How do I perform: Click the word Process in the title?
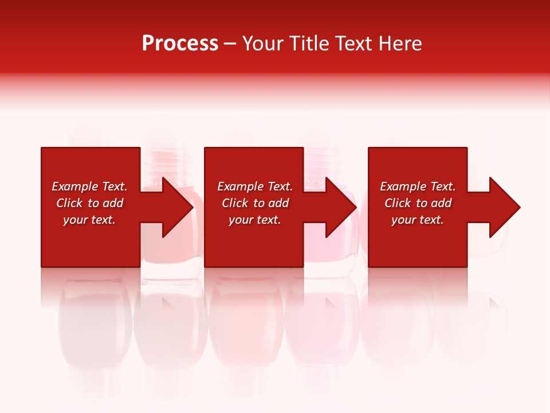pos(180,44)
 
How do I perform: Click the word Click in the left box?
pos(70,203)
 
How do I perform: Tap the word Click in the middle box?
pos(235,203)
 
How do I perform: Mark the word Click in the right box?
pos(398,203)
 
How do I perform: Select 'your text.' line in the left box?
pos(89,220)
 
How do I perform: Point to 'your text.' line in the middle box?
pos(255,220)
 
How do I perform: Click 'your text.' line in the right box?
pos(418,220)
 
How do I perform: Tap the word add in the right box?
pos(442,203)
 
